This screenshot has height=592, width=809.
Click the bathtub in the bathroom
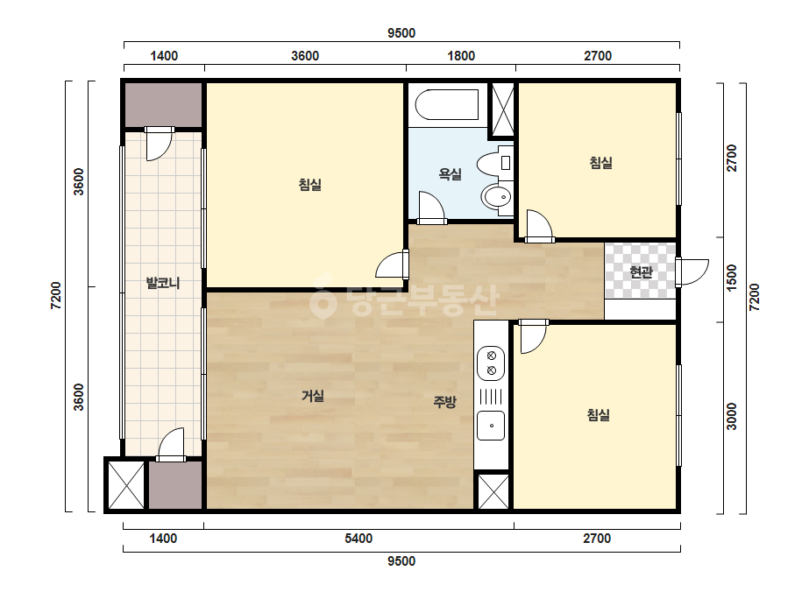point(447,105)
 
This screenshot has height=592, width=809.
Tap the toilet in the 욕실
point(493,164)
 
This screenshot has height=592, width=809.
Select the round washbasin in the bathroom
point(497,196)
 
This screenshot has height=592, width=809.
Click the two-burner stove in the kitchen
point(491,363)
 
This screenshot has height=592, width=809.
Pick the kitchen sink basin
point(491,426)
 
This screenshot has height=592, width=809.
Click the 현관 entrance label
point(642,271)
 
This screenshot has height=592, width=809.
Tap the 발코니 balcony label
point(163,283)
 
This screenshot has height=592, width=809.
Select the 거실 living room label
point(313,396)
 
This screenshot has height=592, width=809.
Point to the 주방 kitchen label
point(444,402)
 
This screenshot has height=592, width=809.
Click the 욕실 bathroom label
point(450,174)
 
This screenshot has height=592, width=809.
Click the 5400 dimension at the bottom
point(358,539)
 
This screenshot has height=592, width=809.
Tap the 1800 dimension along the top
point(461,56)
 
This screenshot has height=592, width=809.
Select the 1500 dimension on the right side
point(732,278)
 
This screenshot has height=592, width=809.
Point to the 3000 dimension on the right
point(732,416)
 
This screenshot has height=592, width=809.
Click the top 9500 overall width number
point(401,33)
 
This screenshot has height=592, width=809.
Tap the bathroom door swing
point(431,208)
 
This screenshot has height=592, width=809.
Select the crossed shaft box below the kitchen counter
point(493,491)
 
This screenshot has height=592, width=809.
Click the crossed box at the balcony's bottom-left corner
point(126,485)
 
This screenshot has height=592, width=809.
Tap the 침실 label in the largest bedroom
point(310,184)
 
